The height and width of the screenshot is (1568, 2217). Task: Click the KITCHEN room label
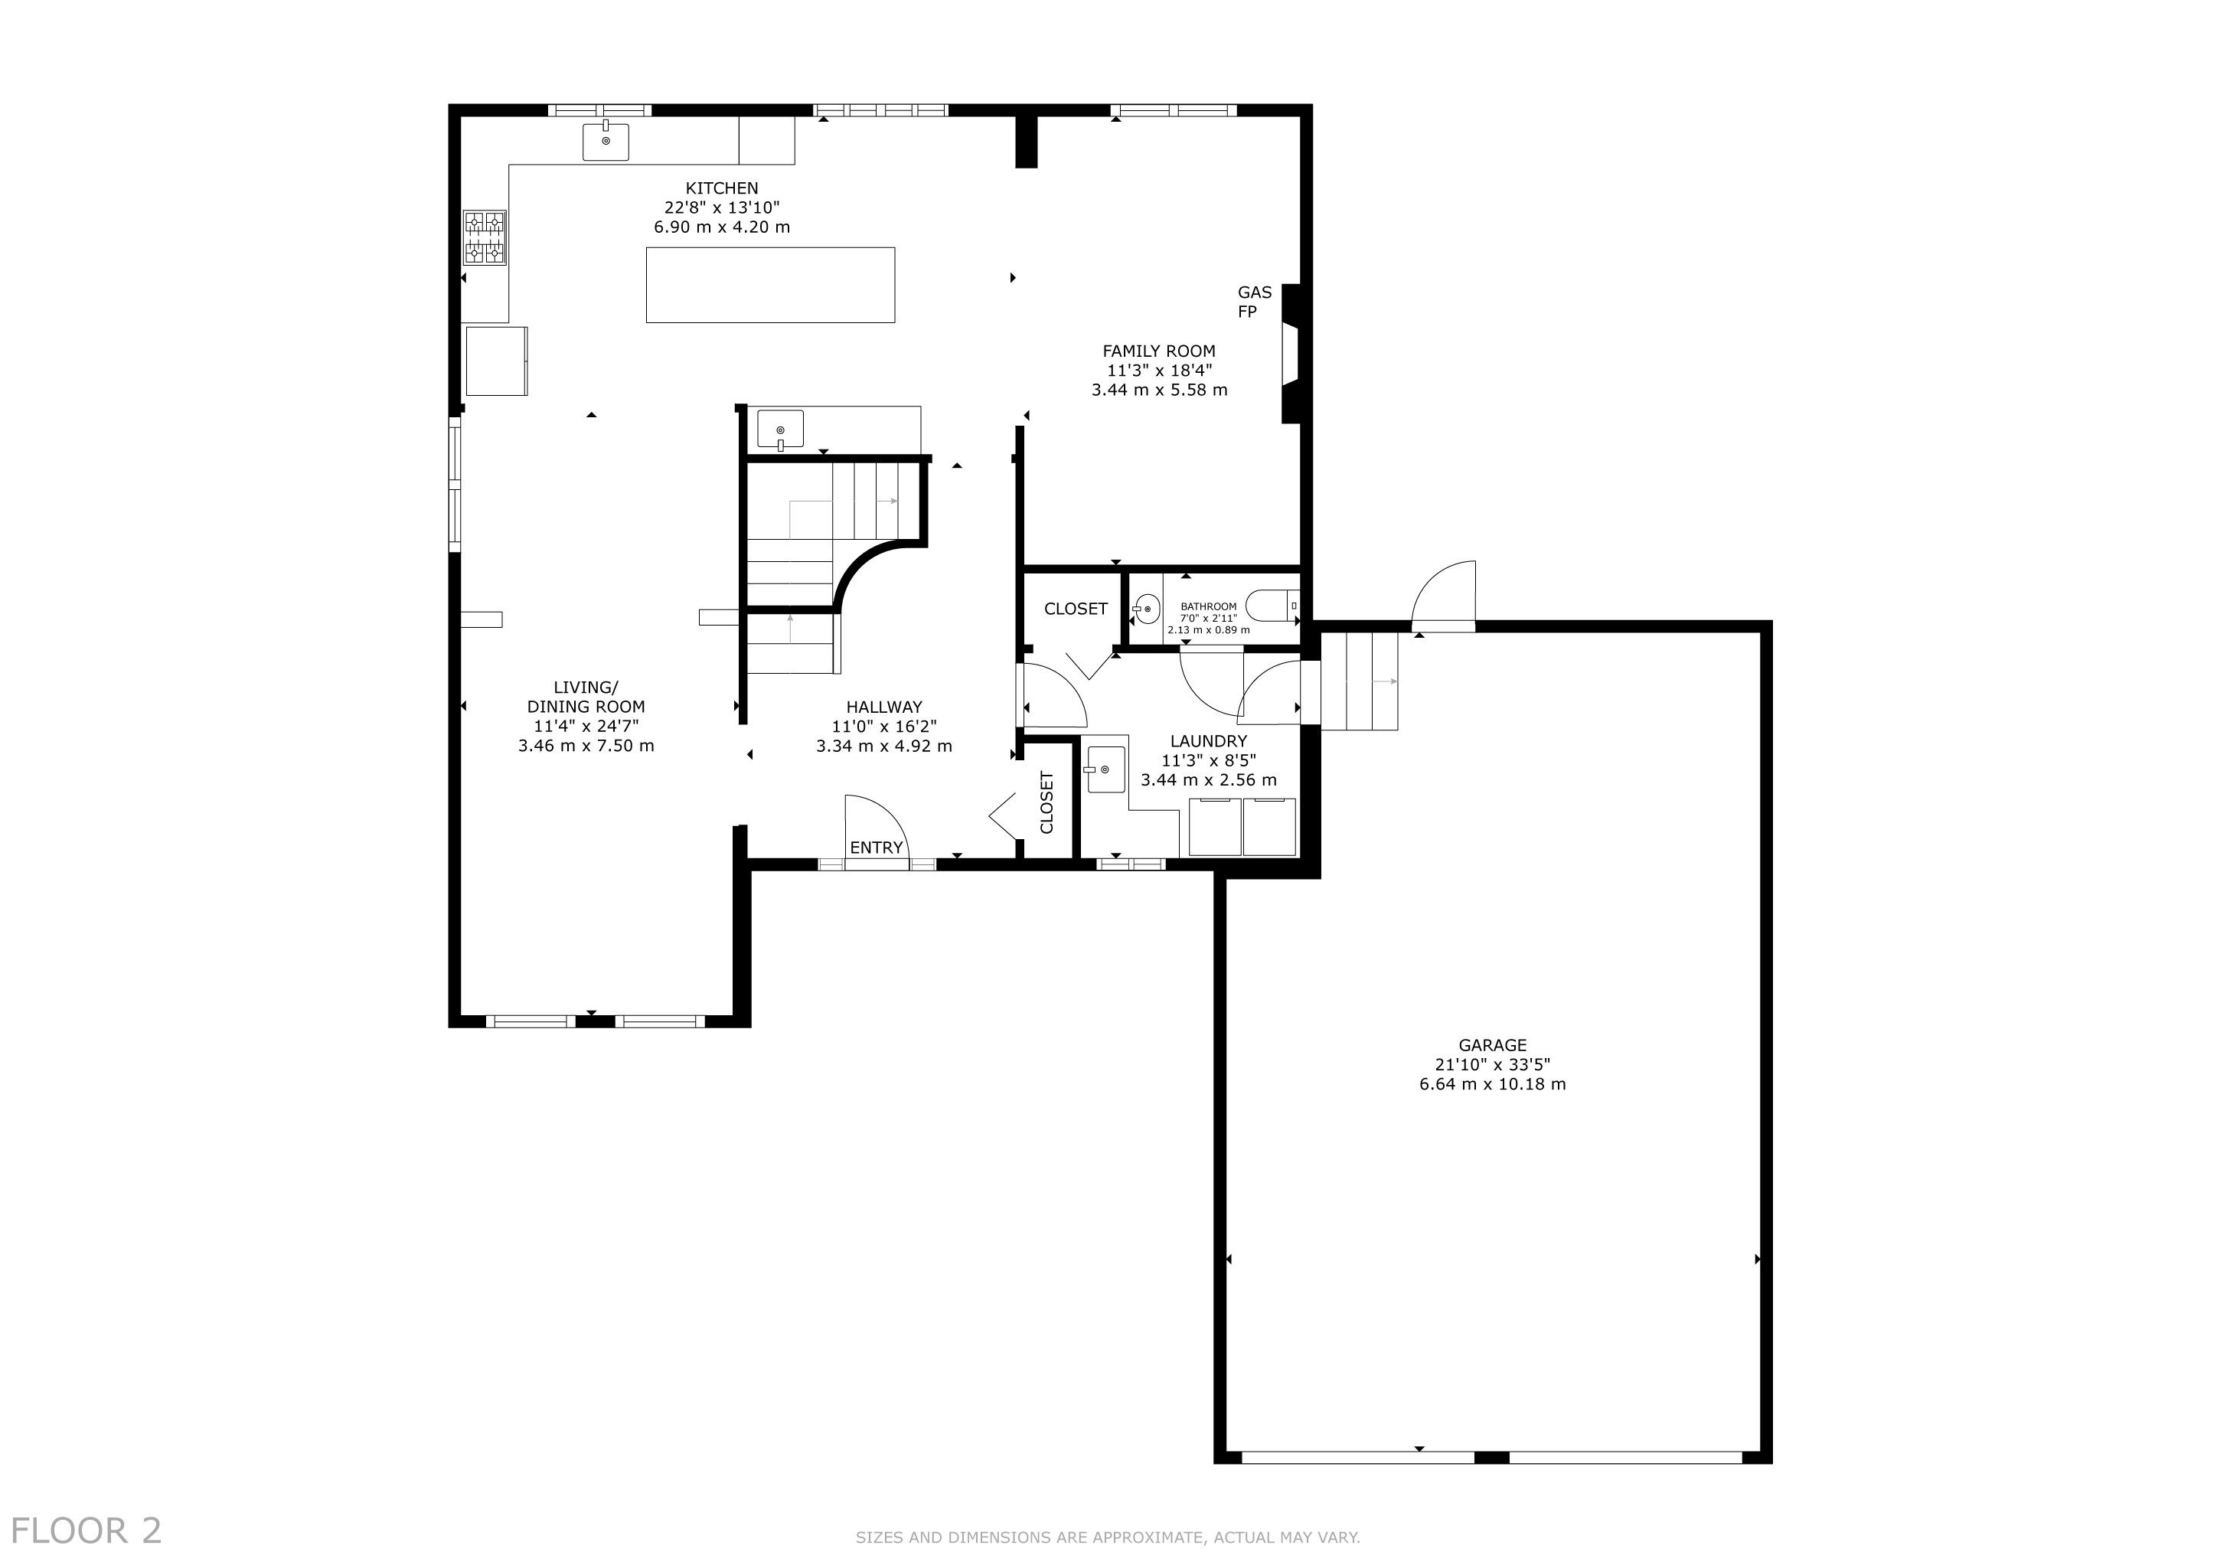click(x=722, y=188)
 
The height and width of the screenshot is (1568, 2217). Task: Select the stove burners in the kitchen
click(x=485, y=237)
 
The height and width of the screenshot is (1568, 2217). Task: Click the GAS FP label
click(x=1254, y=301)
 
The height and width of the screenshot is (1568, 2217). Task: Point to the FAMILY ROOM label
click(x=1159, y=351)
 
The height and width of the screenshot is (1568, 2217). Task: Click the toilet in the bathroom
click(x=1272, y=606)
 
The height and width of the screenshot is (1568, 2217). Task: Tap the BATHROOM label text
click(x=1208, y=606)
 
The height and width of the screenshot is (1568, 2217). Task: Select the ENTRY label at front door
click(x=876, y=848)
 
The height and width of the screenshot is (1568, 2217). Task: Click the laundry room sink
click(x=1105, y=769)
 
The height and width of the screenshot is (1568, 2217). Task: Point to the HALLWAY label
click(x=883, y=707)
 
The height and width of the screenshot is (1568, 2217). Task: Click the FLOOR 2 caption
click(x=86, y=1531)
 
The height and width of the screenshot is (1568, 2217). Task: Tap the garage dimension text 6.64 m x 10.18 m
click(x=1493, y=1084)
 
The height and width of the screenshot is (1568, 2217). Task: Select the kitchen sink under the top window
click(x=606, y=141)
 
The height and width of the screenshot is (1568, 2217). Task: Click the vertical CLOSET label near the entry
click(x=1046, y=802)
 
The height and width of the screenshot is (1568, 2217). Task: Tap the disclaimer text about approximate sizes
click(x=1108, y=1537)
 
